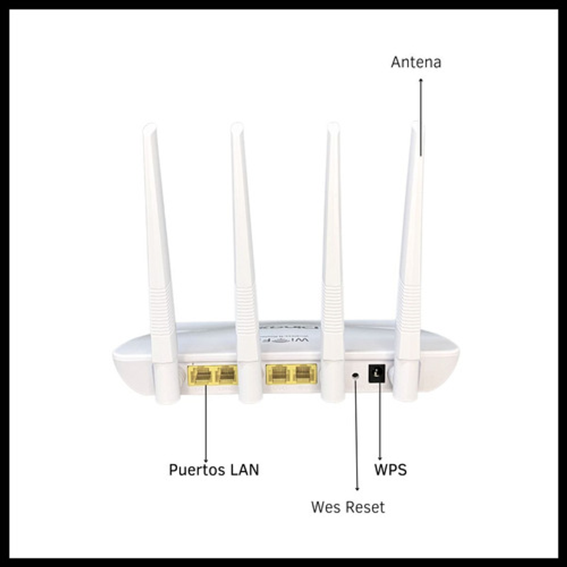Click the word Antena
tap(416, 62)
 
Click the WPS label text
tap(390, 469)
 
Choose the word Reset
tap(364, 506)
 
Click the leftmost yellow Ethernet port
tap(201, 374)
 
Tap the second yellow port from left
tap(226, 374)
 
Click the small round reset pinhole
tap(356, 375)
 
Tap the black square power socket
tap(377, 373)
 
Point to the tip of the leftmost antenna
tap(149, 127)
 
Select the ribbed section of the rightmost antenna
tap(408, 306)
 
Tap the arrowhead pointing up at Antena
tap(421, 81)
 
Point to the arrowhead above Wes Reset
tap(357, 488)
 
